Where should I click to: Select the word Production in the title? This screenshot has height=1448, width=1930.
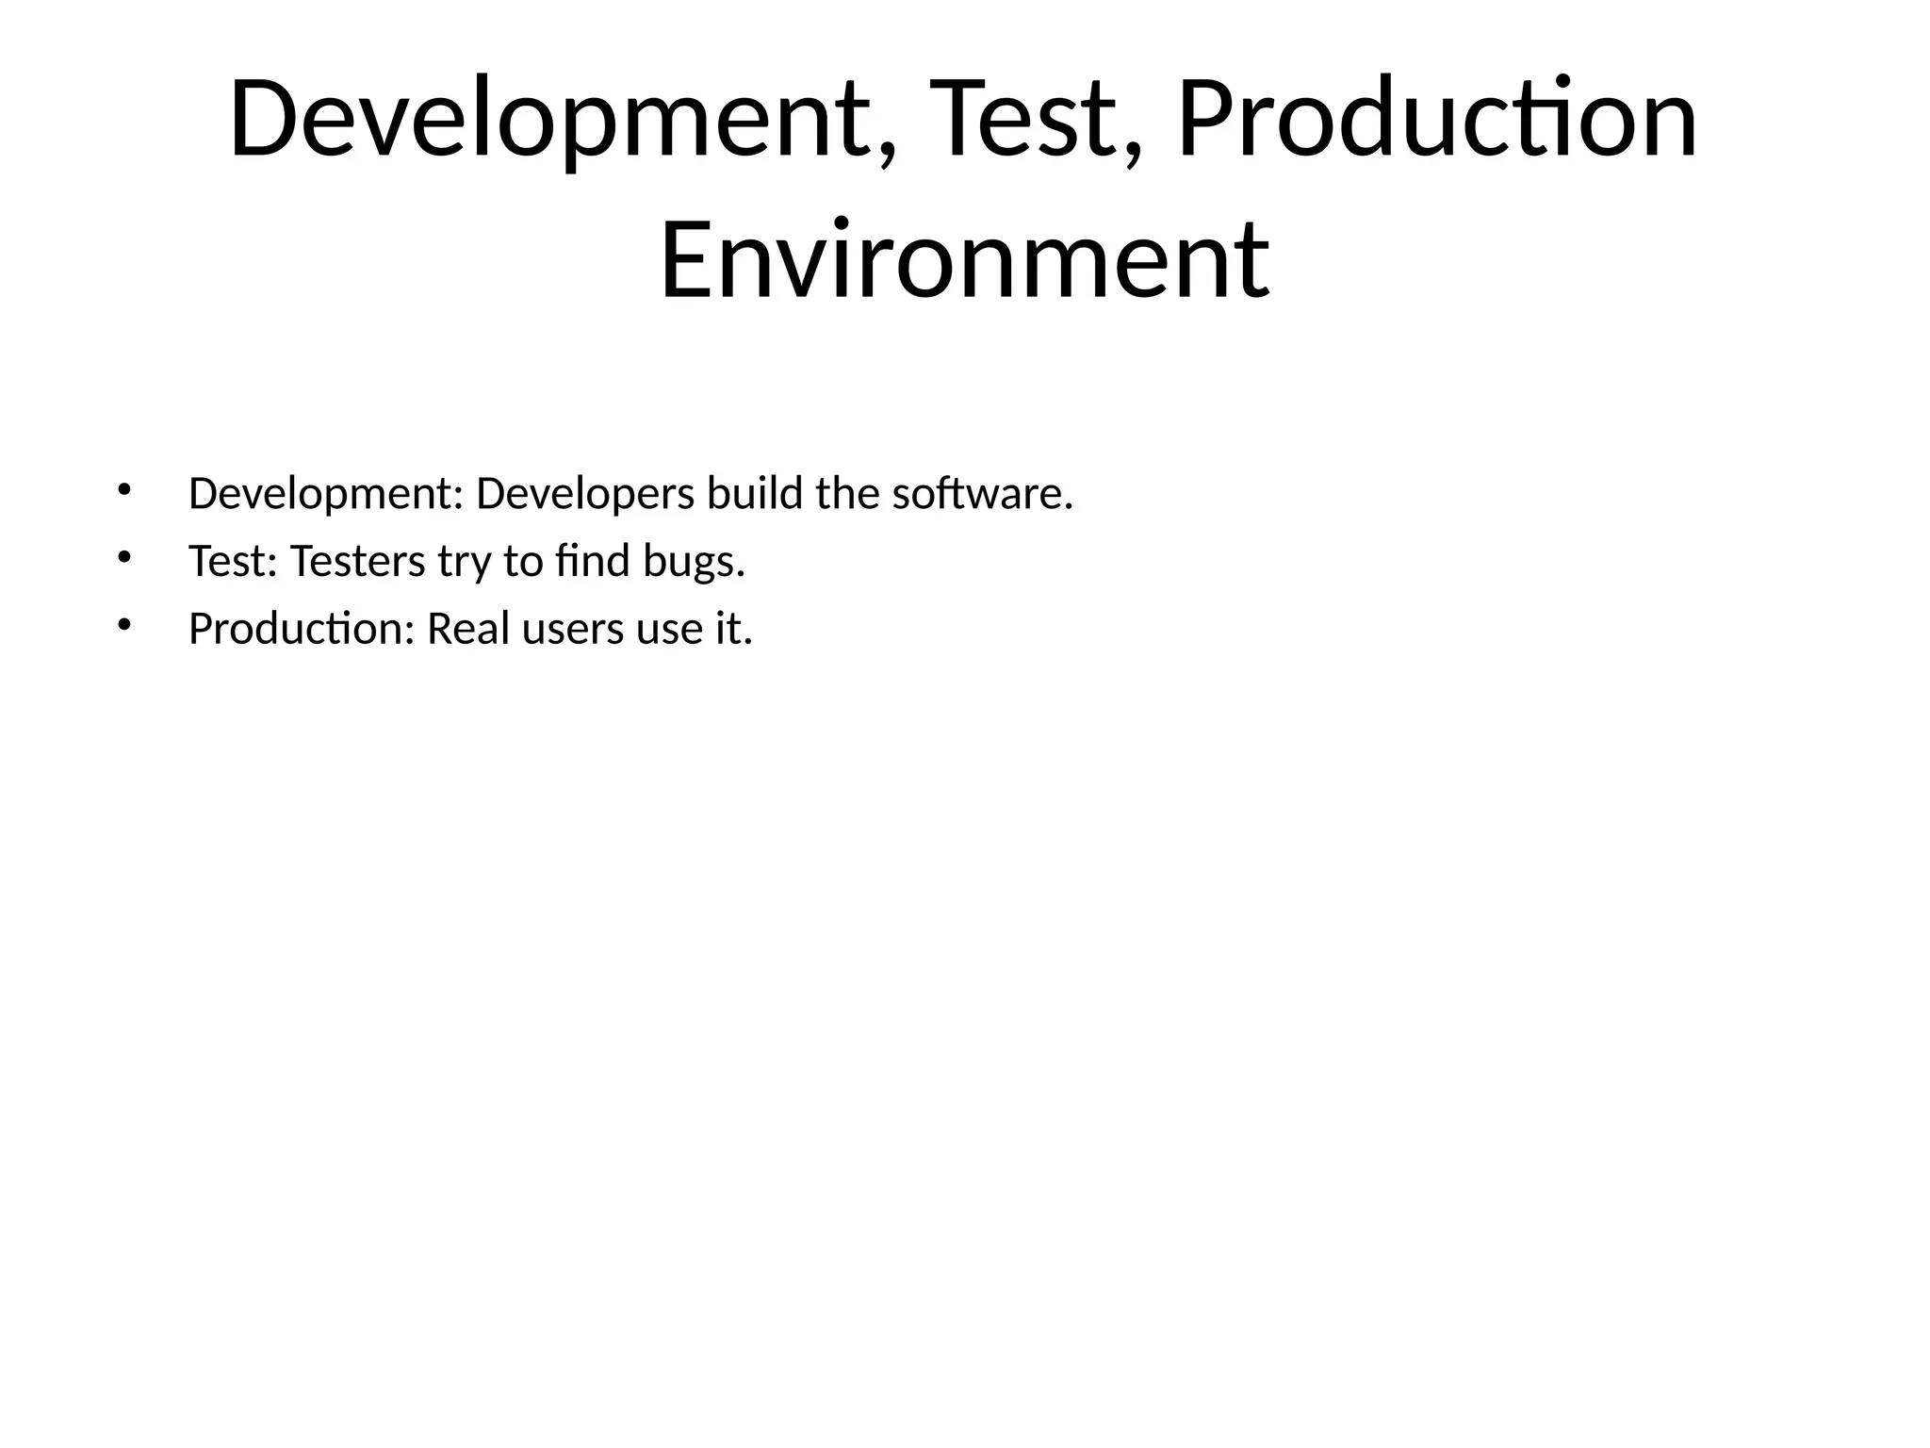[1436, 121]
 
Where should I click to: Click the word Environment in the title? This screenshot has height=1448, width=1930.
[964, 259]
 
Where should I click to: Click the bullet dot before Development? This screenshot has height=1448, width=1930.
[123, 489]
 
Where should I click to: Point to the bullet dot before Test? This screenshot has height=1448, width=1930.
[123, 557]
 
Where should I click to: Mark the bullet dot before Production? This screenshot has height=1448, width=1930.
[123, 625]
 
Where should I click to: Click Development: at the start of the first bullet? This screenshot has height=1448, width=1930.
[326, 494]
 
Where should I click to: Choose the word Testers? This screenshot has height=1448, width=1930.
[357, 561]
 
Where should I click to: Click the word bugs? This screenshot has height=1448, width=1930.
[694, 563]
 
